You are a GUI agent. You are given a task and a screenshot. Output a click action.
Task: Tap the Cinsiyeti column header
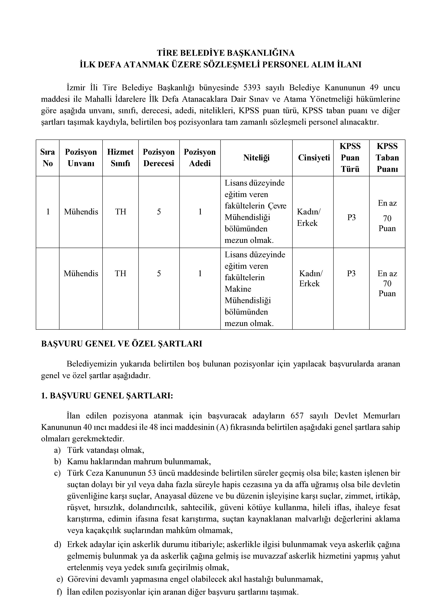(x=314, y=158)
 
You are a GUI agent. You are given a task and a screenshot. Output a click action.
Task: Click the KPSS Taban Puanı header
(x=387, y=158)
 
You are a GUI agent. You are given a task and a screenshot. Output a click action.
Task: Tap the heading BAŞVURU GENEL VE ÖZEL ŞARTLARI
(x=122, y=344)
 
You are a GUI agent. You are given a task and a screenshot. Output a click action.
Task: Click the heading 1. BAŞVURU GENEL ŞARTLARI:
(x=107, y=396)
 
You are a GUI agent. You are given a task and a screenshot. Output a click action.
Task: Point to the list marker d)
(x=58, y=545)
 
